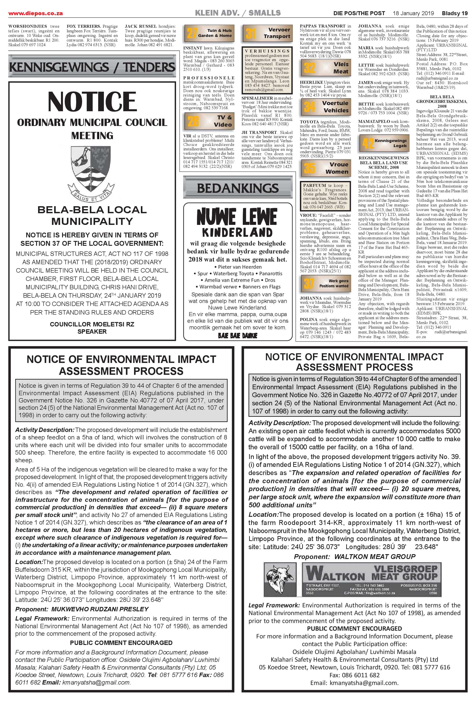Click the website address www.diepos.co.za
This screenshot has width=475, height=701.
tap(36, 13)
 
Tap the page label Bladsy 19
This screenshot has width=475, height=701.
tap(455, 13)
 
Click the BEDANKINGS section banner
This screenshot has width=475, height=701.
tap(238, 188)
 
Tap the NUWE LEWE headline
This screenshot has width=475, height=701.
tap(237, 217)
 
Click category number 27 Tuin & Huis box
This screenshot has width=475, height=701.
tap(209, 33)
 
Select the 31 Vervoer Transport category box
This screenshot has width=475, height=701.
tap(267, 33)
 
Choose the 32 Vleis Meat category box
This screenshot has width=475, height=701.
tap(325, 68)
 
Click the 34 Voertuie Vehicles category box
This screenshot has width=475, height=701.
tap(325, 107)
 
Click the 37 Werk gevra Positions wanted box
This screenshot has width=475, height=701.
tap(325, 283)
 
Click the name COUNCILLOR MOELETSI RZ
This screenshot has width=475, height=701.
tap(92, 324)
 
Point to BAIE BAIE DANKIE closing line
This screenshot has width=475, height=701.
tap(238, 335)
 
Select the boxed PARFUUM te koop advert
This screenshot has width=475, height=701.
tap(325, 196)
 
